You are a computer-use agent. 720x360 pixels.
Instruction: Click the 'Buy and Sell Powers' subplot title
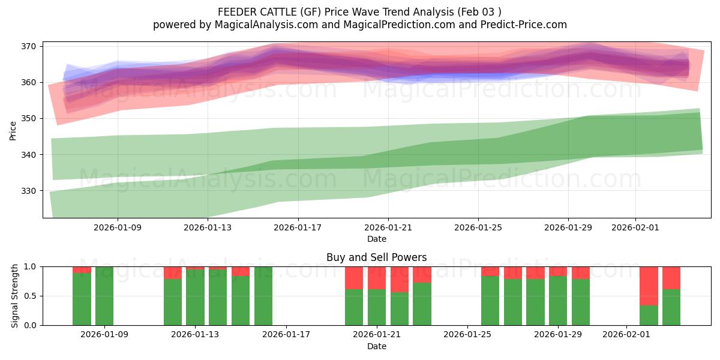pos(376,257)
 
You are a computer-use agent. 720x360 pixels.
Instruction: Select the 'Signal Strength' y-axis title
pos(15,296)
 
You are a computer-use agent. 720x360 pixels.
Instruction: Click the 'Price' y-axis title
pos(13,130)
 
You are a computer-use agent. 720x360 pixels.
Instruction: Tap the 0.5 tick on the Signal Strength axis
pos(30,296)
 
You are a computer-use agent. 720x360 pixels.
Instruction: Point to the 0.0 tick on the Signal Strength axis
pos(30,325)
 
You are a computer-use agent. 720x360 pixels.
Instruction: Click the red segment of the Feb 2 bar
pos(649,286)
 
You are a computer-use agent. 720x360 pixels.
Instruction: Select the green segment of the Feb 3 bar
pos(671,307)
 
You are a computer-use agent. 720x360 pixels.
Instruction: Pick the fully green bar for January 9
pos(104,296)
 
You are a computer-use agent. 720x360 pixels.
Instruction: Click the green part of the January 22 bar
pos(400,309)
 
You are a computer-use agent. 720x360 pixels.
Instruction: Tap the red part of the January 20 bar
pos(354,278)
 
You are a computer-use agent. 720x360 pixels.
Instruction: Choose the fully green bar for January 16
pos(263,296)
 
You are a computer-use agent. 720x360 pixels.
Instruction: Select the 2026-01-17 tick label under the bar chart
pos(286,335)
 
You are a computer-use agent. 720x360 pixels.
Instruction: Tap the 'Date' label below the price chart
pos(376,239)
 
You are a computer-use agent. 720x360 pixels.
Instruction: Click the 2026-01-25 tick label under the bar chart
pos(467,335)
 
